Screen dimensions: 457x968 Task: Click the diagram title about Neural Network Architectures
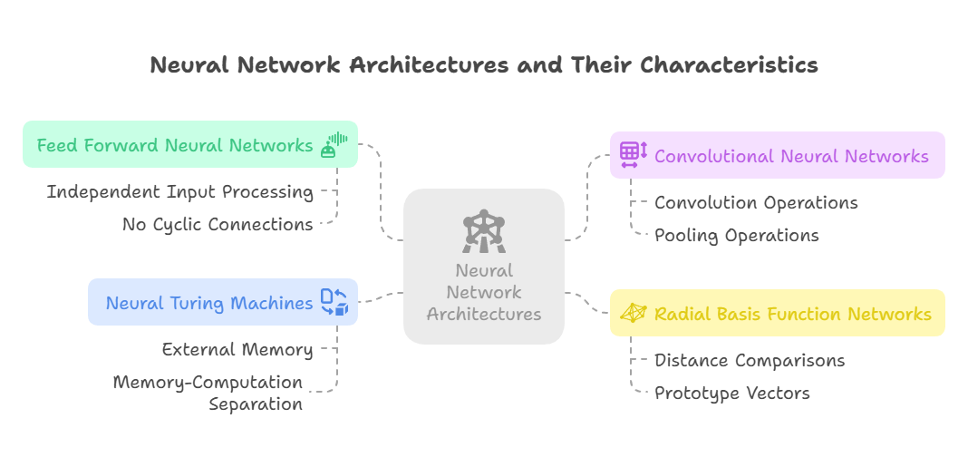pos(483,65)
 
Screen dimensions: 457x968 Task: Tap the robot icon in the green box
pos(334,145)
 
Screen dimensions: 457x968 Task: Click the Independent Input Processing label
pos(180,192)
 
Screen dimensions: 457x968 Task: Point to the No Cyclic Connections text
pos(218,225)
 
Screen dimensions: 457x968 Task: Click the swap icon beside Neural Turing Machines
pos(334,303)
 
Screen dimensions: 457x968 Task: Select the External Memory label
pos(237,349)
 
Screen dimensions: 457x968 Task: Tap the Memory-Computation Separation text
pos(208,393)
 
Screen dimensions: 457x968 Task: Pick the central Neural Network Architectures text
pos(484,292)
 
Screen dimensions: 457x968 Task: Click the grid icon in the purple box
pos(633,155)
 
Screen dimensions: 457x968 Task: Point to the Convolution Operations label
pos(756,203)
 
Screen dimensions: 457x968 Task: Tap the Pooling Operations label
pos(736,236)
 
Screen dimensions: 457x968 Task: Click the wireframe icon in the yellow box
pos(633,314)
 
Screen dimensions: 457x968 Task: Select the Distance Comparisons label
pos(750,361)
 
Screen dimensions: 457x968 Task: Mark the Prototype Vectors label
pos(731,394)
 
